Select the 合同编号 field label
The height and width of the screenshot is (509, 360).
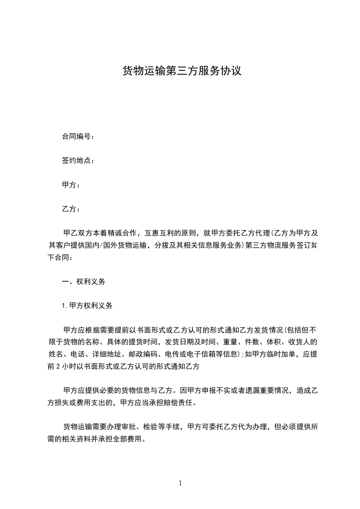78,137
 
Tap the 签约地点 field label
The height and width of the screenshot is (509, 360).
78,161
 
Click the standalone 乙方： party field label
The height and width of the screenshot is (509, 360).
71,209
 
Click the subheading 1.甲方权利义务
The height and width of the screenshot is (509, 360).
87,306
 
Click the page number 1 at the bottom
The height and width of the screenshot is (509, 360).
180,483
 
